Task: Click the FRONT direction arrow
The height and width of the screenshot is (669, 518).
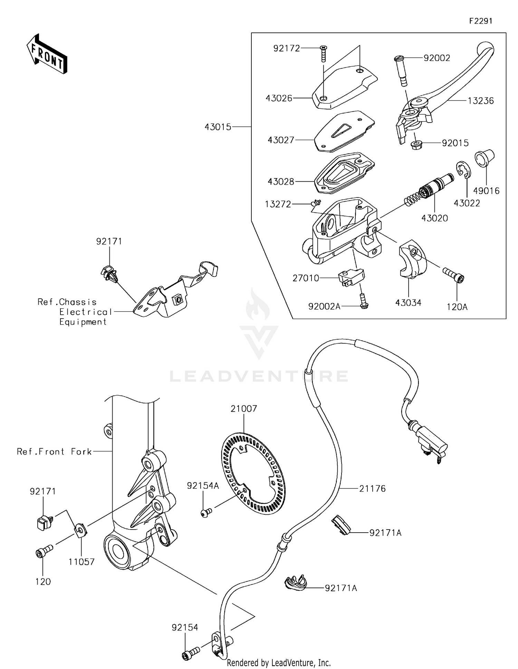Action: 47,54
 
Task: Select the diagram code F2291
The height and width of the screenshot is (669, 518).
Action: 480,21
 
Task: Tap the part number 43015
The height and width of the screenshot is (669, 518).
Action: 218,127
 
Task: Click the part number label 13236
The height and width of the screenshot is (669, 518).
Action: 481,101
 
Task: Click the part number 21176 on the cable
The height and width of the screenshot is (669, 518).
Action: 372,488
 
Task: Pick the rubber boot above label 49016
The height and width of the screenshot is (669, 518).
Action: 485,158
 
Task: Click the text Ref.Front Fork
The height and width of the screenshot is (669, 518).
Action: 54,452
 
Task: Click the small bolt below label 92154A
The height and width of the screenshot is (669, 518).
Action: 206,513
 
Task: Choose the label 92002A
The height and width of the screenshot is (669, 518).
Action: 324,306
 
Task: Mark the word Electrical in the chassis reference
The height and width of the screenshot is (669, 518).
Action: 86,312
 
